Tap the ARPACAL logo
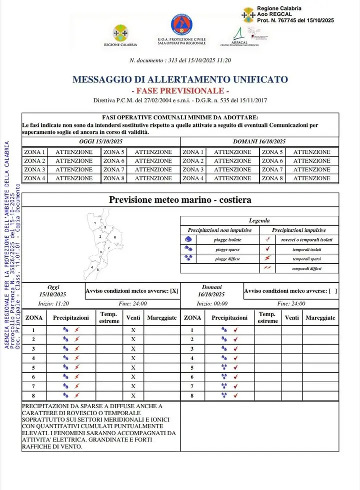point(239,34)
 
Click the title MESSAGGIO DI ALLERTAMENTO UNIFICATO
point(180,79)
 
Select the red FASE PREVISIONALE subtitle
point(180,91)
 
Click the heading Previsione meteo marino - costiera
point(180,200)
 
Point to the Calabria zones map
point(102,241)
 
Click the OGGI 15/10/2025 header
point(100,142)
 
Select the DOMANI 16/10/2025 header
point(259,142)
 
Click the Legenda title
point(259,221)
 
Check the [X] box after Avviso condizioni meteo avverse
point(174,291)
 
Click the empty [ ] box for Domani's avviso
point(332,291)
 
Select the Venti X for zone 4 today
point(133,358)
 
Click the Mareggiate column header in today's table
point(161,318)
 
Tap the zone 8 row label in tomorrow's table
point(192,396)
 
